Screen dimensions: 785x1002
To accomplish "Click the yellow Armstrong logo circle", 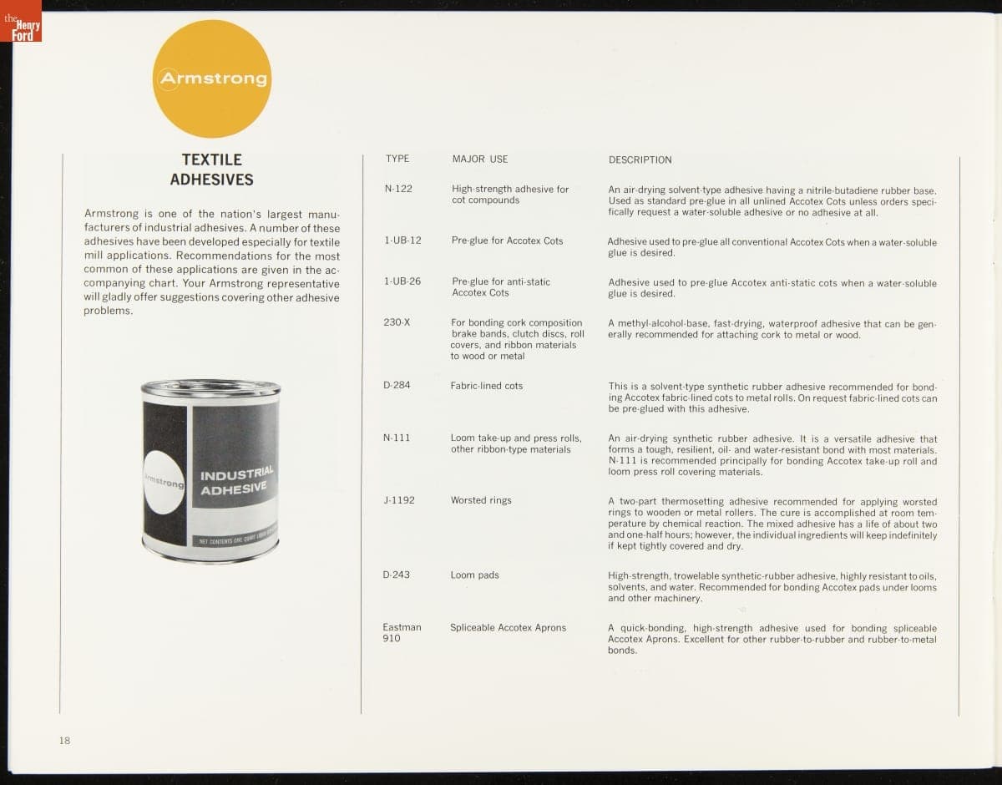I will (x=212, y=79).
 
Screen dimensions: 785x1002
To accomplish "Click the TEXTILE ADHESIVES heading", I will (x=212, y=170).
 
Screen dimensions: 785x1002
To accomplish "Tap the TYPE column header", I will (x=397, y=159).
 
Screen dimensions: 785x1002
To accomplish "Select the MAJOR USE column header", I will (x=480, y=159).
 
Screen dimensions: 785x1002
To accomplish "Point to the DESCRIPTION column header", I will (x=640, y=160).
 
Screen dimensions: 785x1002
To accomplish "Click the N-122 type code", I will (x=398, y=189).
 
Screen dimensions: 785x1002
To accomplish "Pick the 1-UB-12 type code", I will (x=402, y=241).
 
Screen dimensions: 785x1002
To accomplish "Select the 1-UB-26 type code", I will (x=402, y=281).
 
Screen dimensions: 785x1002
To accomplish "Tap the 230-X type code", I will (x=397, y=322).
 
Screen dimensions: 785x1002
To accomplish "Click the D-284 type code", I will (x=397, y=385).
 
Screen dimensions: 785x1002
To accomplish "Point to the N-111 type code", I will (x=397, y=438).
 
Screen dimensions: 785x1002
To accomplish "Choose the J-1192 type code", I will (x=399, y=500).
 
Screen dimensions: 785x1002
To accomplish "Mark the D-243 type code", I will (x=397, y=575).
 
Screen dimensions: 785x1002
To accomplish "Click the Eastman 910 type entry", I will (x=402, y=632).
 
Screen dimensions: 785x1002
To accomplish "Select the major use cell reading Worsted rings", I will (x=481, y=500).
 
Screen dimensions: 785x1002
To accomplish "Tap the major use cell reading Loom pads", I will (x=475, y=575).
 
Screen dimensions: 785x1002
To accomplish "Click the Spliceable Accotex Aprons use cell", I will (x=508, y=627).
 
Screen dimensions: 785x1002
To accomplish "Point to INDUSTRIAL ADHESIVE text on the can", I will (x=235, y=482).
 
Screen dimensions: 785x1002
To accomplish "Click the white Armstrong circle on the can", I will (x=164, y=483).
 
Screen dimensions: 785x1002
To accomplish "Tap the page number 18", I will (x=65, y=740).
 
